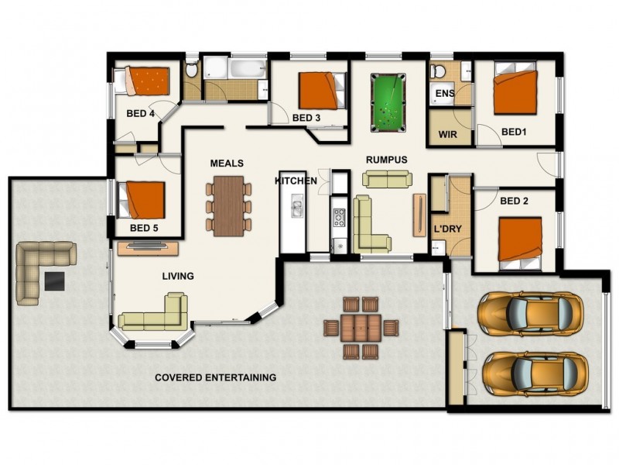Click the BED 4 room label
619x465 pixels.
point(141,114)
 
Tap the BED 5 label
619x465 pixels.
point(144,228)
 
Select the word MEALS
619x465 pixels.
point(227,164)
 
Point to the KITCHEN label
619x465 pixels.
point(296,181)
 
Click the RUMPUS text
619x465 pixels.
point(386,160)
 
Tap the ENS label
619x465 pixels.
point(444,94)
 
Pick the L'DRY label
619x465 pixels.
point(448,229)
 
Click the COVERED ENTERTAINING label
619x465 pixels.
point(215,378)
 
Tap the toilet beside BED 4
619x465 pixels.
point(192,69)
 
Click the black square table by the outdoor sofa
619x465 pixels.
point(54,280)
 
